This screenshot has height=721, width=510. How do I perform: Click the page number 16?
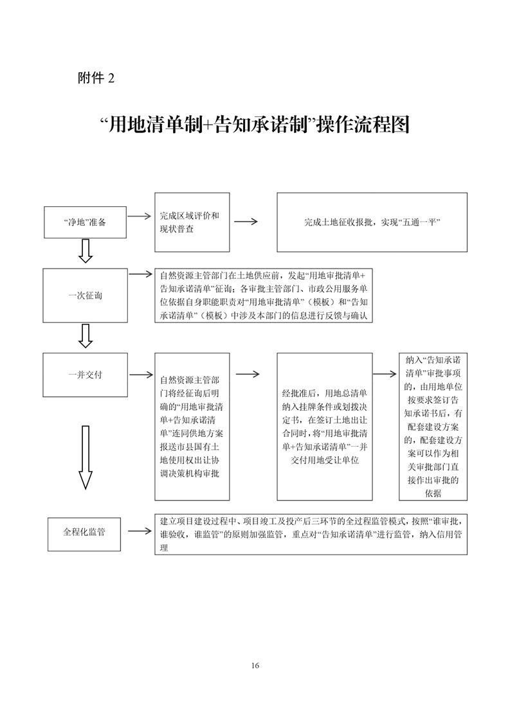[255, 665]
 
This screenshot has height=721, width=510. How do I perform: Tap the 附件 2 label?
[96, 78]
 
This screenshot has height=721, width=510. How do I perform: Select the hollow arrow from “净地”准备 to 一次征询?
[86, 251]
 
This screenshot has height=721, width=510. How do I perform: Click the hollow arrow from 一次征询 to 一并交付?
[86, 335]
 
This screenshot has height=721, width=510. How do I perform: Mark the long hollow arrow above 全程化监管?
[86, 457]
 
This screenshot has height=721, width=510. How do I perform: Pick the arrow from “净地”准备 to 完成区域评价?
[140, 216]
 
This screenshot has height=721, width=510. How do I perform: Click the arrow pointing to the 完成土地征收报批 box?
[246, 222]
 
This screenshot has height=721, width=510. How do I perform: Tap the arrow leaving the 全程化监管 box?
[140, 531]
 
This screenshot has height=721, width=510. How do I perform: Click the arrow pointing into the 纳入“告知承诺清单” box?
[385, 374]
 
